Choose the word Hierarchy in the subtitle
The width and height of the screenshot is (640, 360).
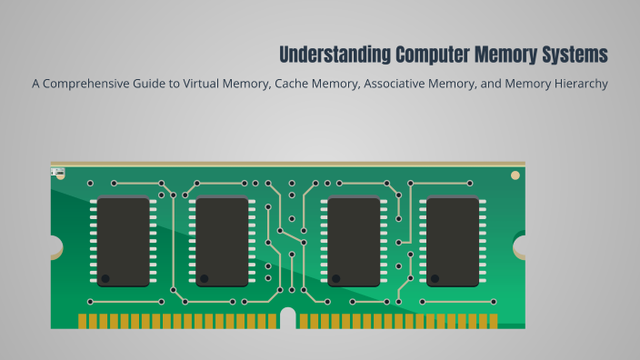point(576,85)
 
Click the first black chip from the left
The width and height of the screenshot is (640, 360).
point(123,241)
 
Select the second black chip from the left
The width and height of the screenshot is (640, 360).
point(222,241)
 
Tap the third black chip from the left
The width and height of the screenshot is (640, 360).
point(354,241)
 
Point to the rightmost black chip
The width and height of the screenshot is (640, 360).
point(452,241)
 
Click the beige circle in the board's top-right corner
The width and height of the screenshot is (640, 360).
point(515,174)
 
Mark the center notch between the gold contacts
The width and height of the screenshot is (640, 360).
point(287,320)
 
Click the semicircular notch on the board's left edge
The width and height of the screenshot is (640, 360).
point(55,246)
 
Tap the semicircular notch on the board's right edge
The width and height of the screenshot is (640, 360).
point(521,246)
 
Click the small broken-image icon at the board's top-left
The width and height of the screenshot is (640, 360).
point(57,171)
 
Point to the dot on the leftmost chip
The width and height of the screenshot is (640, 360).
point(105,276)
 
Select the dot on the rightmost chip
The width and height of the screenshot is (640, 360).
point(435,276)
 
